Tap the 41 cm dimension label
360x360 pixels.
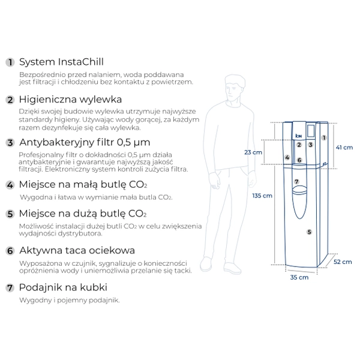(x=344, y=147)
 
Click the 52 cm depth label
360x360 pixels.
(x=343, y=262)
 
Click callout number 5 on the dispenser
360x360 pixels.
(x=309, y=232)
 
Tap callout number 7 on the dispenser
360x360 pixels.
(x=296, y=181)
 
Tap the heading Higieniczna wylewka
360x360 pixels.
(x=71, y=99)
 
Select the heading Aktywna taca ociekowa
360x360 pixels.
(x=77, y=250)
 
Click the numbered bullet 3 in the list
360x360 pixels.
(x=10, y=143)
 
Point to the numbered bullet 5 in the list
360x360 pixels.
(x=10, y=214)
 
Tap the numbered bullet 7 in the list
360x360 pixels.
(x=10, y=287)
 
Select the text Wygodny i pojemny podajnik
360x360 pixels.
(x=70, y=300)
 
